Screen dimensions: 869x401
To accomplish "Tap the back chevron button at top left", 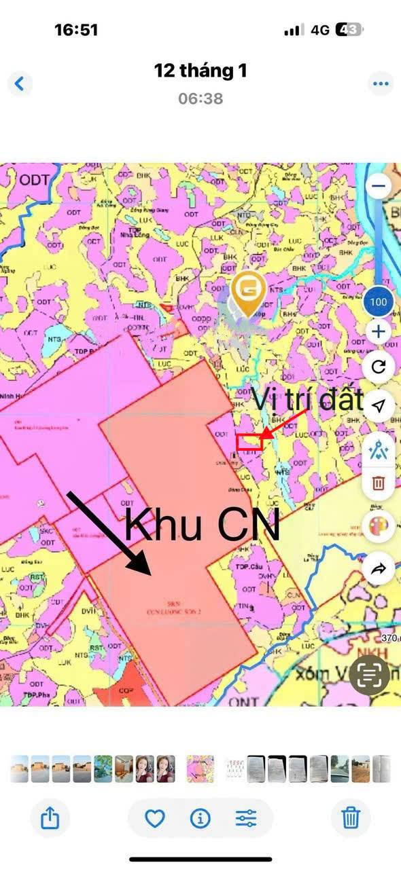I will (20, 84).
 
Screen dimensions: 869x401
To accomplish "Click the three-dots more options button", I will (381, 84).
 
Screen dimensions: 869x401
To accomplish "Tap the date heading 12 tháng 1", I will (201, 71).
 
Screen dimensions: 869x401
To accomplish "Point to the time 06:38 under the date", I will (201, 98).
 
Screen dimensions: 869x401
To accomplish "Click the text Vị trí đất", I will (308, 400).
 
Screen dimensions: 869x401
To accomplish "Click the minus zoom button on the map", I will (379, 185).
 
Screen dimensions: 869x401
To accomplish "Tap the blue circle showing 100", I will (379, 301).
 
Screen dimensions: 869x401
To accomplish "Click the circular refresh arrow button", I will (379, 367).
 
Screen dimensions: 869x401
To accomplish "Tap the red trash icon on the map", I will (379, 483).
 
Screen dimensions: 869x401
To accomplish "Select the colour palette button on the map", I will (379, 527).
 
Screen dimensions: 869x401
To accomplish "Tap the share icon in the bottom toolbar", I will (50, 818).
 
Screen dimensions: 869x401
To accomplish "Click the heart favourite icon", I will (155, 818).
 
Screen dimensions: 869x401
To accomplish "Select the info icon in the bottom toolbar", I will (200, 818).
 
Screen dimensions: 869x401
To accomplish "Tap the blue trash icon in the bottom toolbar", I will (351, 818).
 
